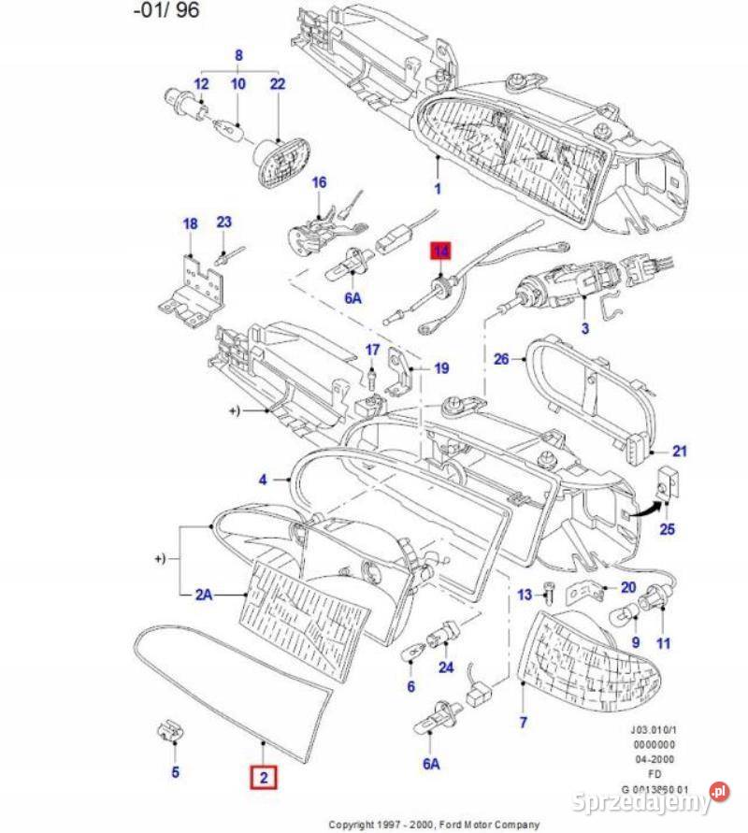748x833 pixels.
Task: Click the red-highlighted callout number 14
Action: [439, 251]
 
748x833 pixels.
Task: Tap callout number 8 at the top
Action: [238, 56]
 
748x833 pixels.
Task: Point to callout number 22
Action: [278, 84]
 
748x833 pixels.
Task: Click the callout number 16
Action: [320, 182]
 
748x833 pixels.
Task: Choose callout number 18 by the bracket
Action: [190, 223]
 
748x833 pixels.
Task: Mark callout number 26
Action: [501, 359]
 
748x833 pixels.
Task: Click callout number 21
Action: [680, 452]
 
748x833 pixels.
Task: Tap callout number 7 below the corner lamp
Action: [523, 723]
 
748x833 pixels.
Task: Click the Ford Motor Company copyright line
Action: [434, 825]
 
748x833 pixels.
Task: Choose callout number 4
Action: [263, 480]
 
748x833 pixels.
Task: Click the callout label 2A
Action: [204, 593]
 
